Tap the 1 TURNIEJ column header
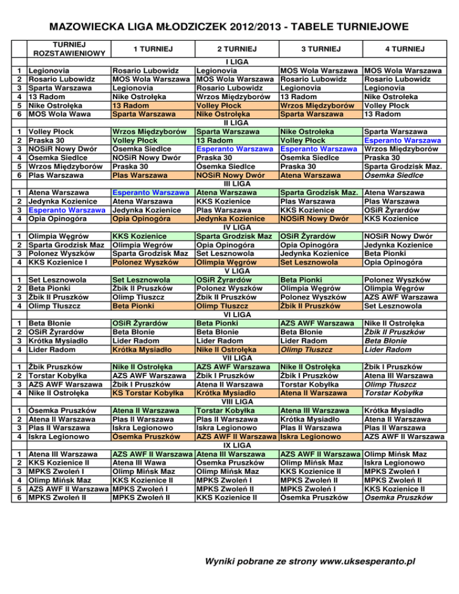point(153,48)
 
